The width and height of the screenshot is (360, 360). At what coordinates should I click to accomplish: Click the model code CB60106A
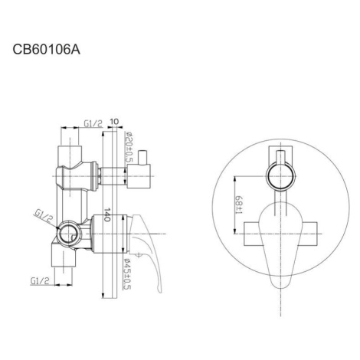click(47, 49)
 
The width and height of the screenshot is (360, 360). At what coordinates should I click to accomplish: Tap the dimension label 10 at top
click(114, 122)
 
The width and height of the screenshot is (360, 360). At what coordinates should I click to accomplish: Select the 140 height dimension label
click(107, 214)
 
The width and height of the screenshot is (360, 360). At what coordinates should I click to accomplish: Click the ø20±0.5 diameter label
click(129, 147)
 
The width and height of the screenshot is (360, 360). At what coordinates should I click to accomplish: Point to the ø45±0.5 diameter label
click(127, 274)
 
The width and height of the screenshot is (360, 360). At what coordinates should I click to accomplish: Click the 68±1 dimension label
click(239, 205)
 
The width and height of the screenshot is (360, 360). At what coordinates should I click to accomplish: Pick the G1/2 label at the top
click(93, 124)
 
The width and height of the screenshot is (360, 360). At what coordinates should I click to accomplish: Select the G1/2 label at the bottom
click(40, 281)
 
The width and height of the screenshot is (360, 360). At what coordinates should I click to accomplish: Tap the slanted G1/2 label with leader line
click(44, 215)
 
